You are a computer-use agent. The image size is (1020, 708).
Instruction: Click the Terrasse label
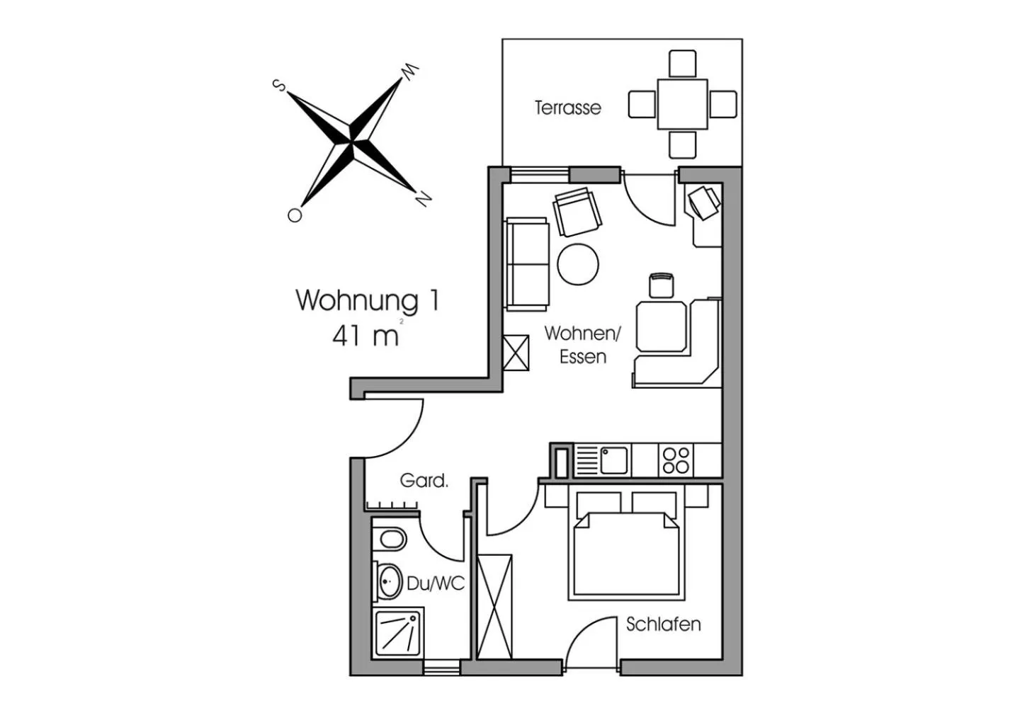pyautogui.click(x=568, y=108)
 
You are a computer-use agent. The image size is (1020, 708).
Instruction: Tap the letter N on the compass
pyautogui.click(x=423, y=199)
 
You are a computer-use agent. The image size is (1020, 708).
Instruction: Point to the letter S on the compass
pyautogui.click(x=278, y=85)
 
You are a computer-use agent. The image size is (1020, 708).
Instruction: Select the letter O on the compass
pyautogui.click(x=295, y=215)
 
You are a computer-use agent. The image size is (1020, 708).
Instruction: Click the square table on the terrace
pyautogui.click(x=682, y=104)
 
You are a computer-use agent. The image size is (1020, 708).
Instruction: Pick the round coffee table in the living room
pyautogui.click(x=578, y=264)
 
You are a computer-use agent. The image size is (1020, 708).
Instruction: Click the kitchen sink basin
pyautogui.click(x=614, y=460)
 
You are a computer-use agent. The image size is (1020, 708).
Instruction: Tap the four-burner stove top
pyautogui.click(x=676, y=460)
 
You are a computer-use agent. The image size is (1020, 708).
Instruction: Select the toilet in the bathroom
pyautogui.click(x=389, y=540)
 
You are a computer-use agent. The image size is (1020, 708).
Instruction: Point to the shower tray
pyautogui.click(x=398, y=633)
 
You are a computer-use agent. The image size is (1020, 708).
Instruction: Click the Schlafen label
pyautogui.click(x=664, y=624)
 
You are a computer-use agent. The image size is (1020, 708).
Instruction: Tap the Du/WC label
pyautogui.click(x=436, y=583)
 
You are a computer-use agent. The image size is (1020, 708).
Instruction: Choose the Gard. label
pyautogui.click(x=424, y=481)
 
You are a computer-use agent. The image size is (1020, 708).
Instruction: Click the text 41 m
pyautogui.click(x=365, y=336)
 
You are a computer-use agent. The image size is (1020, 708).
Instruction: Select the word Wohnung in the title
pyautogui.click(x=356, y=301)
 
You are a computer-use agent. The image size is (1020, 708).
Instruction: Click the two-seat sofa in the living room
pyautogui.click(x=527, y=264)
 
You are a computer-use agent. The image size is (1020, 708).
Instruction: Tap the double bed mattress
pyautogui.click(x=627, y=554)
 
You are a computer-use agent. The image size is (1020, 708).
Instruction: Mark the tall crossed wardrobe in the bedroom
pyautogui.click(x=494, y=607)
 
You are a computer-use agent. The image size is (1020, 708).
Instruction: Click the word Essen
pyautogui.click(x=583, y=357)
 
